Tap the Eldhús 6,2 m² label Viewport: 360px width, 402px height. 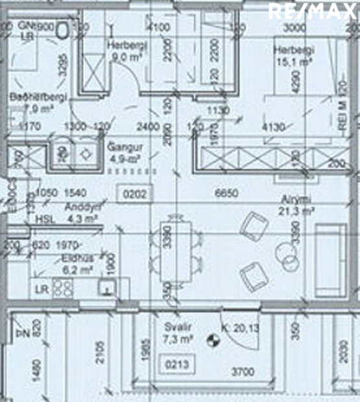pyautogui.click(x=78, y=262)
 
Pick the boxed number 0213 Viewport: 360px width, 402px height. pyautogui.click(x=176, y=365)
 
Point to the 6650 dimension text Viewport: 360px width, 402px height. pyautogui.click(x=227, y=193)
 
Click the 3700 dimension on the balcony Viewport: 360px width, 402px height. pyautogui.click(x=244, y=372)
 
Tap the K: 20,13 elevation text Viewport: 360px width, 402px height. pyautogui.click(x=239, y=329)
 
